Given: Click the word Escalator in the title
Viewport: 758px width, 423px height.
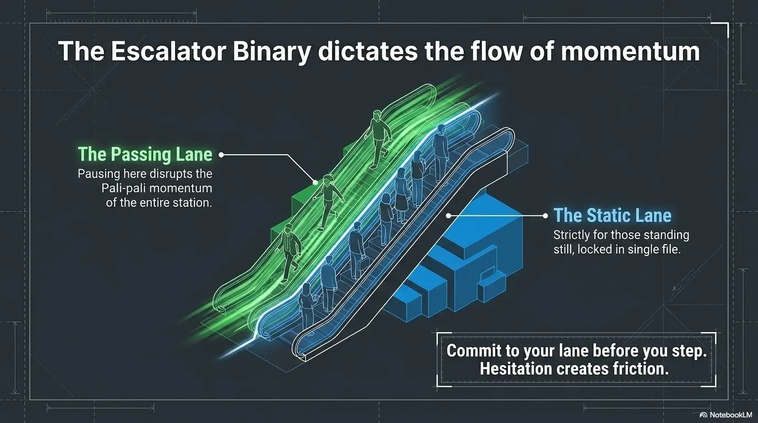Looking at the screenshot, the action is tap(169, 51).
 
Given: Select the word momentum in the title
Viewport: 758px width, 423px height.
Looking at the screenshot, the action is tap(630, 51).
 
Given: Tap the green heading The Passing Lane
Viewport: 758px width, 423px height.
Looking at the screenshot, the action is tap(145, 154).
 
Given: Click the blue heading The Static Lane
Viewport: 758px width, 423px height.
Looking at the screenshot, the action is tap(613, 215).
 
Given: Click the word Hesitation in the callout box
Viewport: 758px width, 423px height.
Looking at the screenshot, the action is tap(516, 368).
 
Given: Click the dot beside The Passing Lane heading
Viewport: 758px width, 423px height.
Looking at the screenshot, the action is tap(221, 155).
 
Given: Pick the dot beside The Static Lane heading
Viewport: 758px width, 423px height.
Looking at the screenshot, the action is tap(545, 215).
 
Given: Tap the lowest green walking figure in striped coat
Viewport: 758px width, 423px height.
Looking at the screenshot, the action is tap(288, 252).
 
